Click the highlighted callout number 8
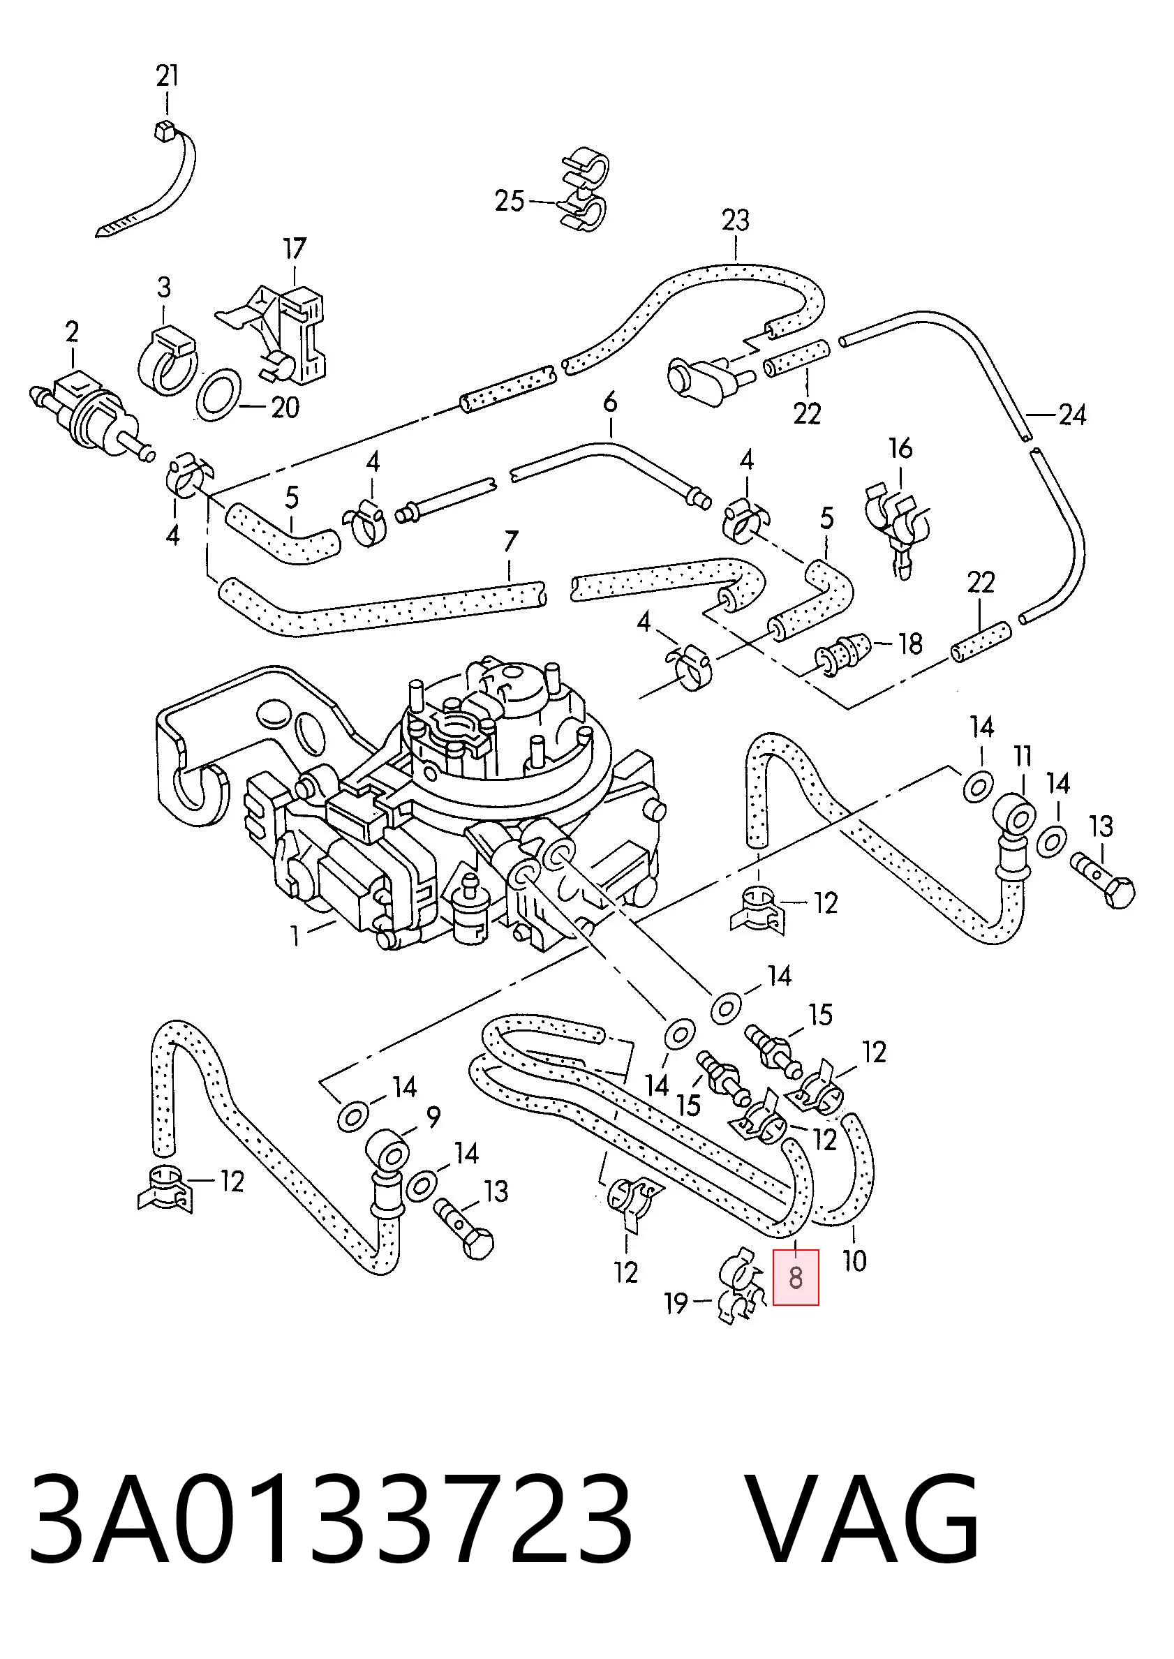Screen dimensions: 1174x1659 point(795,1277)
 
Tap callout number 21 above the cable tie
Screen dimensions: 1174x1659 point(167,76)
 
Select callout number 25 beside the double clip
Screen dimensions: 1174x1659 point(509,200)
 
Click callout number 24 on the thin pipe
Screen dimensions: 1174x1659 point(1072,415)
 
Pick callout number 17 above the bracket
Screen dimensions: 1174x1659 point(295,248)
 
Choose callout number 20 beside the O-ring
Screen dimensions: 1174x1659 point(285,408)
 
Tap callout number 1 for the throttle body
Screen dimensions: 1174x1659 point(295,937)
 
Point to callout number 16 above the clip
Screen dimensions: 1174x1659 point(900,449)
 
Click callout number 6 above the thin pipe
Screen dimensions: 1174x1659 point(610,402)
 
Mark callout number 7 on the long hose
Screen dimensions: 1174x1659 point(510,542)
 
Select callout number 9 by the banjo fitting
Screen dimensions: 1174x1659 point(433,1118)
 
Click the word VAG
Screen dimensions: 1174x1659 point(863,1519)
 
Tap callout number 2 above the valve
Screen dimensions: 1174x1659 point(72,332)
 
